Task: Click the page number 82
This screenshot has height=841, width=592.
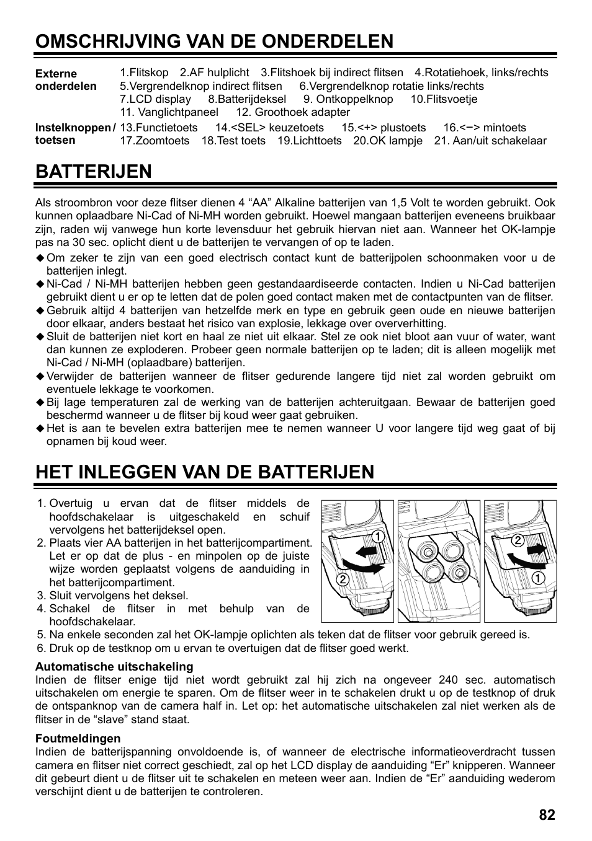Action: (x=547, y=816)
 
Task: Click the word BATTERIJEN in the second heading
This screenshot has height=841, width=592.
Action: (x=93, y=172)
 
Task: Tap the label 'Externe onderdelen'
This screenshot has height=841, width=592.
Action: (x=66, y=80)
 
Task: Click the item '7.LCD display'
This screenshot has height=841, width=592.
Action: (x=155, y=99)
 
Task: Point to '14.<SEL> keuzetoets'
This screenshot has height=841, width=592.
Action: (x=269, y=128)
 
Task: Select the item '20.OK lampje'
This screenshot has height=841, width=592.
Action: (x=388, y=141)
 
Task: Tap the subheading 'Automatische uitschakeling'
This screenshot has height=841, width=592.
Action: (x=114, y=666)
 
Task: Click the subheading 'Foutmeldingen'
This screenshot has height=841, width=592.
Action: (x=78, y=738)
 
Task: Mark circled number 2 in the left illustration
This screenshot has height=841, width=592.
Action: (x=341, y=580)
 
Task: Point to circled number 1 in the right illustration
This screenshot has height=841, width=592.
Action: (x=537, y=578)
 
